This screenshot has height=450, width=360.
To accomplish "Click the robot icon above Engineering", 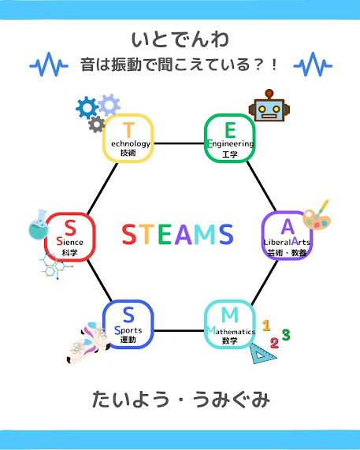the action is pyautogui.click(x=269, y=106).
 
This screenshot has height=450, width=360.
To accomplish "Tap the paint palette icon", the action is pyautogui.click(x=317, y=216).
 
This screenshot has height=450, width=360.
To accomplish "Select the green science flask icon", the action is pyautogui.click(x=39, y=225).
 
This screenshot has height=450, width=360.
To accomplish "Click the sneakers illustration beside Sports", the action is pyautogui.click(x=88, y=343).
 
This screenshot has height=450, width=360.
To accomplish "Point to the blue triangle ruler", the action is pyautogui.click(x=262, y=354).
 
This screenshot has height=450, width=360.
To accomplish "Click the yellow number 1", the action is pyautogui.click(x=266, y=325).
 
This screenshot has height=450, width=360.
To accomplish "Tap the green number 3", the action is pyautogui.click(x=286, y=335).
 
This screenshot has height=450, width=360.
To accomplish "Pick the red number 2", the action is pyautogui.click(x=274, y=343).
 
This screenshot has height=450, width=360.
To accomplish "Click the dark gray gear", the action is pyautogui.click(x=96, y=125).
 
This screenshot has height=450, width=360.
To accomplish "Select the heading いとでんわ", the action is pyautogui.click(x=180, y=39).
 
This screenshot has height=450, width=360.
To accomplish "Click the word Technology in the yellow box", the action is pyautogui.click(x=130, y=143).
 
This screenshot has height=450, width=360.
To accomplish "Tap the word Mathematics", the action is pyautogui.click(x=231, y=331).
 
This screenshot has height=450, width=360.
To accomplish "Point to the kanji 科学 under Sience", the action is pyautogui.click(x=69, y=253).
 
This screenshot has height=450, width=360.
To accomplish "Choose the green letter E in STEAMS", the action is pyautogui.click(x=165, y=234).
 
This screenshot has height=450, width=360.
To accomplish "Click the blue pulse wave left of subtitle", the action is pyautogui.click(x=49, y=65).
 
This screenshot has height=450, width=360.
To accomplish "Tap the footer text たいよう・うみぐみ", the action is pyautogui.click(x=180, y=400).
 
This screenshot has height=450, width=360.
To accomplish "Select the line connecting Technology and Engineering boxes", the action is pyautogui.click(x=179, y=143).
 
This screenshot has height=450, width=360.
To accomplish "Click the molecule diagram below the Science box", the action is pyautogui.click(x=55, y=266).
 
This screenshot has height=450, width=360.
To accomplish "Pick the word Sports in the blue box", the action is pyautogui.click(x=128, y=330).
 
